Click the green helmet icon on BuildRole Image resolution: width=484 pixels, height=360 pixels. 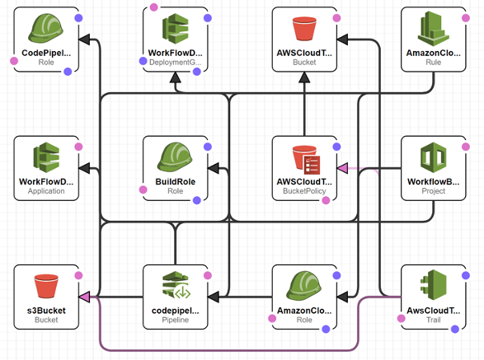pyautogui.click(x=175, y=157)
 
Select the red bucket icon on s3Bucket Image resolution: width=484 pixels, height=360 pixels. pyautogui.click(x=46, y=286)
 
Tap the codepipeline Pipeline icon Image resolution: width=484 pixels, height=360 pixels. pyautogui.click(x=176, y=285)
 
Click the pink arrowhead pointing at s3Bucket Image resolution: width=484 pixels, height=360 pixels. pyautogui.click(x=84, y=297)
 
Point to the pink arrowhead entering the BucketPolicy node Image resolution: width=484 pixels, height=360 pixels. pyautogui.click(x=342, y=168)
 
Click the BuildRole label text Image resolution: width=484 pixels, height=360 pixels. pyautogui.click(x=176, y=182)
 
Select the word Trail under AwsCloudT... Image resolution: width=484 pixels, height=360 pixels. pyautogui.click(x=434, y=320)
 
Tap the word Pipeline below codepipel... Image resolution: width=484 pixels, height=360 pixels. pyautogui.click(x=176, y=320)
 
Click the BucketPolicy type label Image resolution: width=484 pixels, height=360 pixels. pyautogui.click(x=304, y=191)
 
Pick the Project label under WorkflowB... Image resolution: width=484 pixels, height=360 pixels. pyautogui.click(x=434, y=191)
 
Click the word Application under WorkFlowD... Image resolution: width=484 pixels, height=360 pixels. pyautogui.click(x=46, y=191)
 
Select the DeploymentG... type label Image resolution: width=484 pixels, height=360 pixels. pyautogui.click(x=176, y=63)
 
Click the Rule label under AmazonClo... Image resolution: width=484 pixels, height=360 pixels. pyautogui.click(x=434, y=63)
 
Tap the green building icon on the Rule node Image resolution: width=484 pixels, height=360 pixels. pyautogui.click(x=433, y=28)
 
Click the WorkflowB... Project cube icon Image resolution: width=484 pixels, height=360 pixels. pyautogui.click(x=434, y=157)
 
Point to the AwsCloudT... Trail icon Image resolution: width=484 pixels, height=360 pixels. pyautogui.click(x=434, y=285)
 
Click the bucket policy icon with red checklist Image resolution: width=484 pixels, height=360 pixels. pyautogui.click(x=306, y=160)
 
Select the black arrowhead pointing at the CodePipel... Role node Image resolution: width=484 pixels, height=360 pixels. pyautogui.click(x=84, y=40)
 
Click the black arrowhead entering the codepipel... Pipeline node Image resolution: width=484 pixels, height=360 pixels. pyautogui.click(x=214, y=297)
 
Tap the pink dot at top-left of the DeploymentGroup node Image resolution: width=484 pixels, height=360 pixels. pyautogui.click(x=153, y=7)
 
